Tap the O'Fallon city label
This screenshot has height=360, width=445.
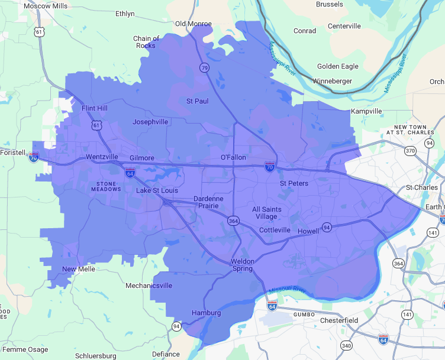tap(233, 157)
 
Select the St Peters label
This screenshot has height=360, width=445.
tap(294, 183)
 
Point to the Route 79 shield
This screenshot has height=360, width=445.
tap(204, 68)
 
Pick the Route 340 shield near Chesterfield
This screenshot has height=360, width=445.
tap(346, 345)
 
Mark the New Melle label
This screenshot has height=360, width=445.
tap(79, 270)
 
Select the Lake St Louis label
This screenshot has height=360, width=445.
tap(157, 190)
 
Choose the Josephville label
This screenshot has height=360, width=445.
tap(150, 122)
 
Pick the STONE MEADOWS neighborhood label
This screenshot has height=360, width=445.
tap(108, 186)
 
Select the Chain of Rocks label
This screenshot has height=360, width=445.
tap(146, 42)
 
